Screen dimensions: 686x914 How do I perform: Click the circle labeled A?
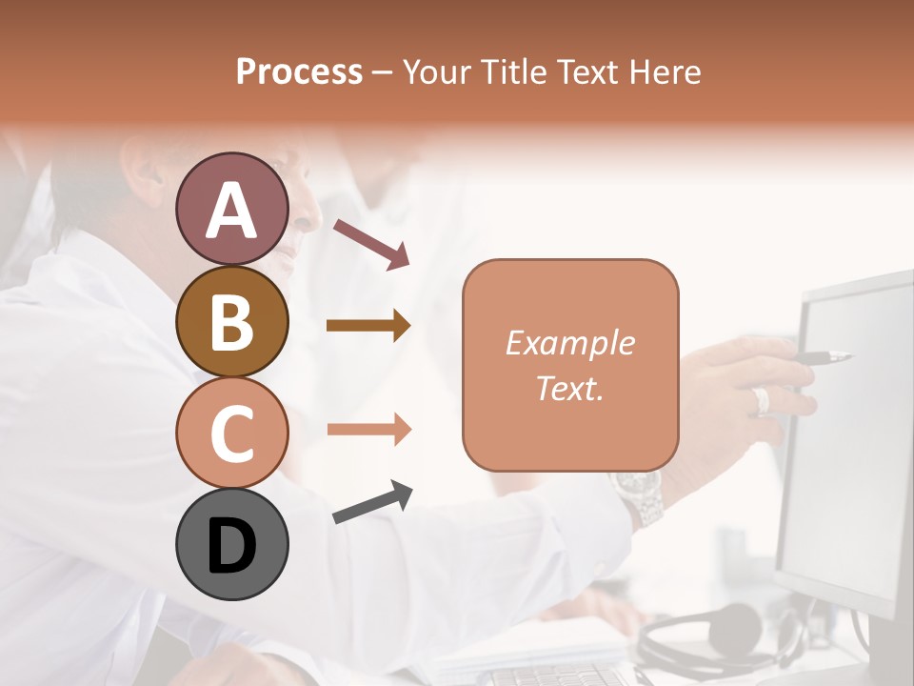click(x=231, y=209)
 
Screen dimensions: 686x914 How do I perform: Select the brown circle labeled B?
click(x=231, y=321)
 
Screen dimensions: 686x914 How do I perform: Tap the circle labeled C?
click(x=231, y=433)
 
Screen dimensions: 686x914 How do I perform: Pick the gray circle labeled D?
click(x=231, y=544)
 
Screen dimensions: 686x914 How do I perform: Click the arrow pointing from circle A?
click(x=371, y=243)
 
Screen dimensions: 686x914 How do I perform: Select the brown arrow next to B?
click(x=368, y=326)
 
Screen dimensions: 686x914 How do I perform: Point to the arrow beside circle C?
click(x=368, y=429)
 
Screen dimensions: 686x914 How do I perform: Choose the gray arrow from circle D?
click(x=372, y=502)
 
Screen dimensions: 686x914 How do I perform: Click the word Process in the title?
click(x=299, y=71)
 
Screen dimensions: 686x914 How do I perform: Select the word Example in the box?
click(x=569, y=343)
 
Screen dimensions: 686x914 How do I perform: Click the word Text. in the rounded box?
click(x=569, y=388)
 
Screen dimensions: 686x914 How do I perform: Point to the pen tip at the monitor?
click(x=844, y=357)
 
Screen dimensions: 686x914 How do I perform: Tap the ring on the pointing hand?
click(x=762, y=400)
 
